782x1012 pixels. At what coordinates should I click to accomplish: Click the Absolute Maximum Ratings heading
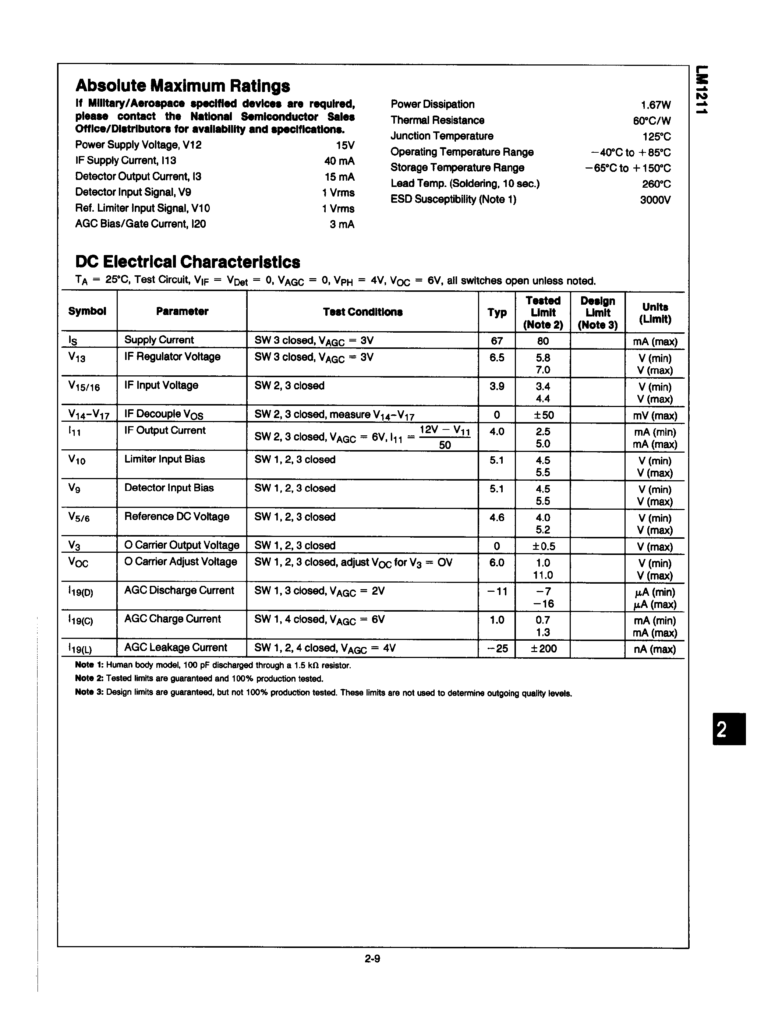click(x=183, y=86)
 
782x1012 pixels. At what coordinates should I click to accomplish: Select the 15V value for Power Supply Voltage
click(x=345, y=145)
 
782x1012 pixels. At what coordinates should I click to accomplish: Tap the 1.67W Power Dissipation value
click(x=655, y=105)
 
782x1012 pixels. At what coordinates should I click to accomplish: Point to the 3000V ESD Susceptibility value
click(x=655, y=200)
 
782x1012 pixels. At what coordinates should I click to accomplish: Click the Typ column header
click(x=497, y=312)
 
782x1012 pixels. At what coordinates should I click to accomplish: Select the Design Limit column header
click(x=597, y=312)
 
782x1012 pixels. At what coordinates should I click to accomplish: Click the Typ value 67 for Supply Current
click(x=497, y=341)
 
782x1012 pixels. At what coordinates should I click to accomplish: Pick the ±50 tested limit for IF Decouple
click(x=542, y=415)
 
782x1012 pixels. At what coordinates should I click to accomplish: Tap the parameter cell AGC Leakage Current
click(x=176, y=647)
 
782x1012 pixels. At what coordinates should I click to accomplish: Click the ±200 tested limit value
click(x=543, y=649)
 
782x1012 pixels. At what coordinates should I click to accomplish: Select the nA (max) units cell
click(x=655, y=649)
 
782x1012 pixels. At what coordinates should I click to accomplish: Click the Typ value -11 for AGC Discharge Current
click(x=497, y=591)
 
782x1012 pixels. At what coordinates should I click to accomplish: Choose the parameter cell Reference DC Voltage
click(x=177, y=516)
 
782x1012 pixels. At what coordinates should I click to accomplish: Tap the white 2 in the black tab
click(x=722, y=731)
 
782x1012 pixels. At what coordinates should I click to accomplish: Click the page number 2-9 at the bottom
click(x=372, y=959)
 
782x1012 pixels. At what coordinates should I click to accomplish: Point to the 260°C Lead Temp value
click(x=656, y=184)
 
